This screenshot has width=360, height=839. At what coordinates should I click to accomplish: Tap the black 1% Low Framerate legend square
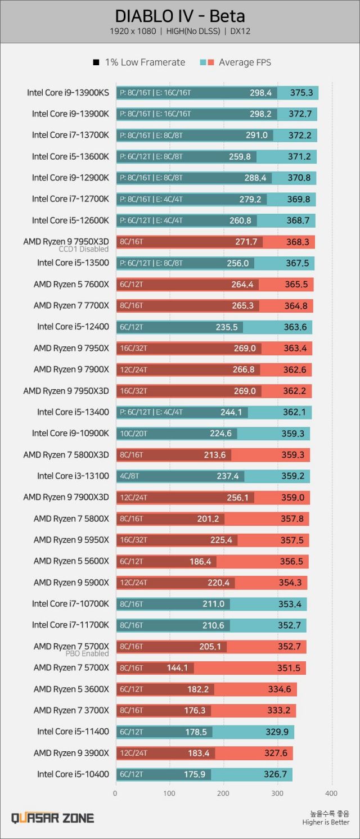click(x=96, y=62)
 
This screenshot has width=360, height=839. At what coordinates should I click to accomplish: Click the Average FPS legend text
click(x=245, y=62)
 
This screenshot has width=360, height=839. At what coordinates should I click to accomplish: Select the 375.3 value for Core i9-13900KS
click(x=301, y=93)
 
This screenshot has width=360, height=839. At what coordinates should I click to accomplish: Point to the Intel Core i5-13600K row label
click(x=70, y=156)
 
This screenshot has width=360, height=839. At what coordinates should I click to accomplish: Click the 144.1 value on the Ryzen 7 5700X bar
click(x=178, y=668)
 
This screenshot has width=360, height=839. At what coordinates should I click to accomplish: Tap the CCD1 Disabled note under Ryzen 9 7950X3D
click(x=84, y=249)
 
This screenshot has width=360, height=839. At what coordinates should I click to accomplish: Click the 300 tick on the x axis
click(x=277, y=793)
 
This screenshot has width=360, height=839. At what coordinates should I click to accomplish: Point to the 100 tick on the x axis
click(x=169, y=793)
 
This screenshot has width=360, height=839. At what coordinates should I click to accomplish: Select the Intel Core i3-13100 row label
click(x=73, y=476)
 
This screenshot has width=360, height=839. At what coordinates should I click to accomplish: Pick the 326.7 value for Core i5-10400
click(x=275, y=774)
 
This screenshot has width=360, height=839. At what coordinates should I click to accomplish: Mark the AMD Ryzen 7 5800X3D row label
click(x=66, y=455)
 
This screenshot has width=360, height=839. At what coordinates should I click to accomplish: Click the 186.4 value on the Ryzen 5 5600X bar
click(x=200, y=562)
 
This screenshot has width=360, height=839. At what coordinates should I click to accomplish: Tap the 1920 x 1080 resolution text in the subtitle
click(x=133, y=31)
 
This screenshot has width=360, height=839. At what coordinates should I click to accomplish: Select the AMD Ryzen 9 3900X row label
click(x=71, y=753)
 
